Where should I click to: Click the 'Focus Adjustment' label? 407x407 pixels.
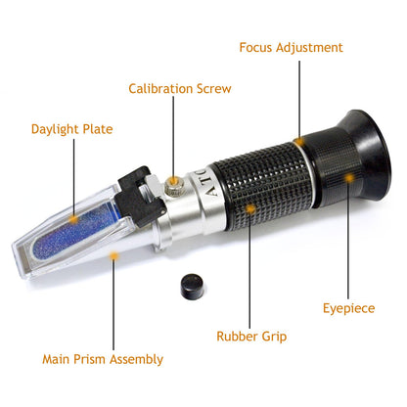292,47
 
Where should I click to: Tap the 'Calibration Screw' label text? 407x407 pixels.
180,89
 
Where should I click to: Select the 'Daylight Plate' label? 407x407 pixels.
71,128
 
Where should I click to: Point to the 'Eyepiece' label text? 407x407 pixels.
348,308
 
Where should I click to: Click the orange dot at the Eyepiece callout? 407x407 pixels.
348,177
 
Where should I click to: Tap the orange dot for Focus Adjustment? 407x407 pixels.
303,140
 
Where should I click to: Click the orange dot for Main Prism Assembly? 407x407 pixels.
114,255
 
